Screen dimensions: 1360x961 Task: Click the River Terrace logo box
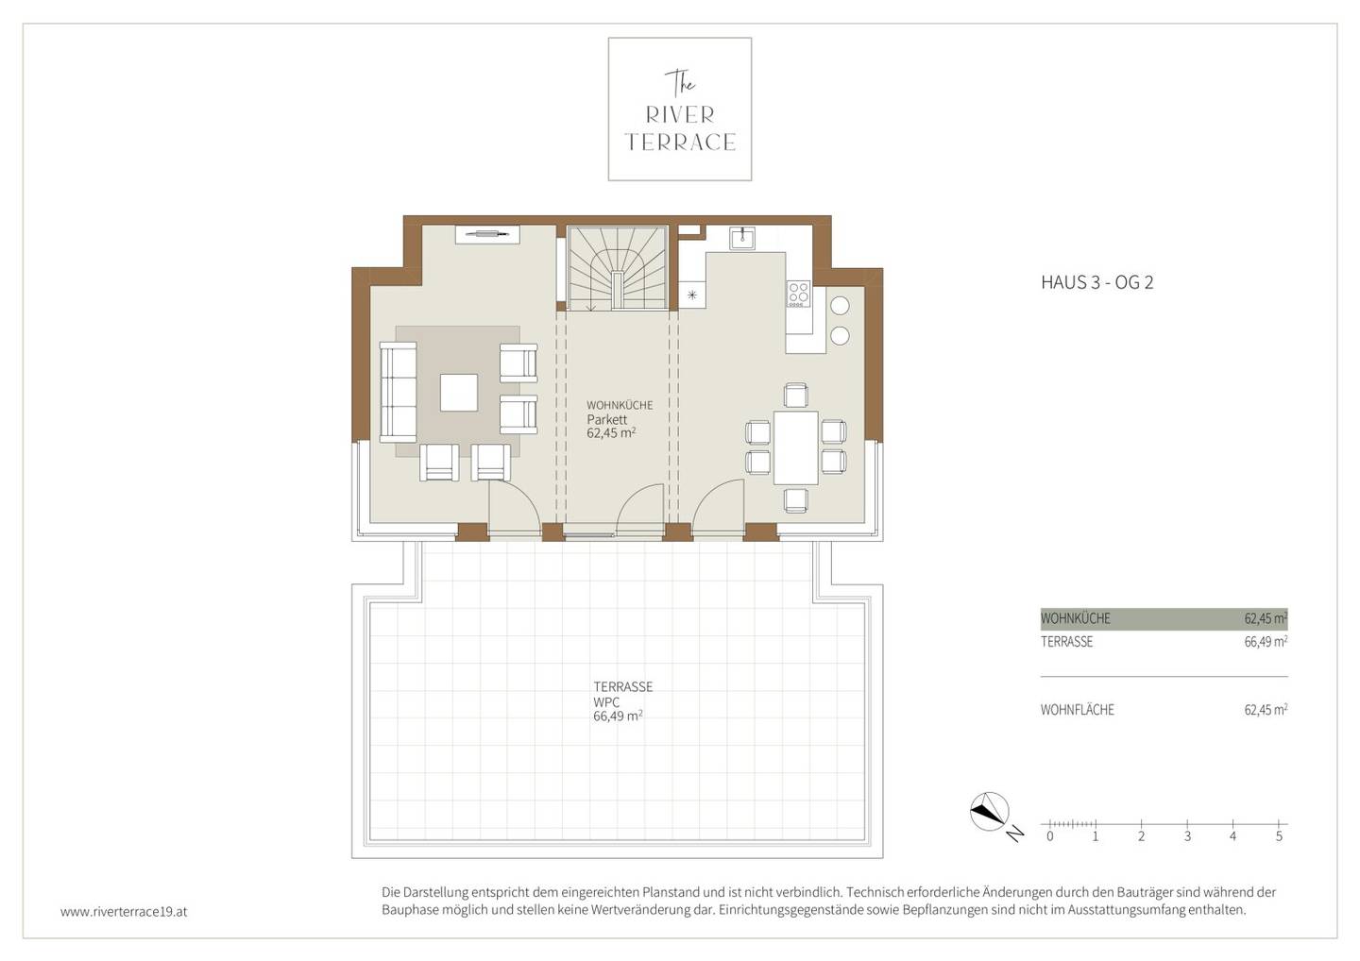(x=679, y=110)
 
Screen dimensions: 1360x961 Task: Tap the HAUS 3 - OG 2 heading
(x=1096, y=282)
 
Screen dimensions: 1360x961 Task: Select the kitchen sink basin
(x=742, y=239)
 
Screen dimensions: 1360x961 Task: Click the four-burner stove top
(x=798, y=293)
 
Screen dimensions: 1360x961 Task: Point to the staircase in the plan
(x=618, y=268)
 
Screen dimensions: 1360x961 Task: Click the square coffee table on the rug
(x=458, y=393)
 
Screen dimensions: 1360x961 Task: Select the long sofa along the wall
(x=399, y=393)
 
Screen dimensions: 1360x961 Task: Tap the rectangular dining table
(x=795, y=447)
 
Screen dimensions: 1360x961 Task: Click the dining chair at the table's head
(x=795, y=395)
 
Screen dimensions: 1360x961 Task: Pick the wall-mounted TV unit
(x=487, y=234)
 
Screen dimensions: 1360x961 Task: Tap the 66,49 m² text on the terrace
(x=618, y=716)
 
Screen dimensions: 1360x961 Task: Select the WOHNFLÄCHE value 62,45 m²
(x=1266, y=709)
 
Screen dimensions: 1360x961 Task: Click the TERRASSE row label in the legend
(x=1067, y=642)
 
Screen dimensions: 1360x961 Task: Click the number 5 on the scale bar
(x=1279, y=836)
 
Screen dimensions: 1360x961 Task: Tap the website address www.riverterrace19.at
(x=124, y=912)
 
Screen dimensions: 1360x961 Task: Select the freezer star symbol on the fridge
(x=691, y=295)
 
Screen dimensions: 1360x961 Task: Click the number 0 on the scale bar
(x=1050, y=836)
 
